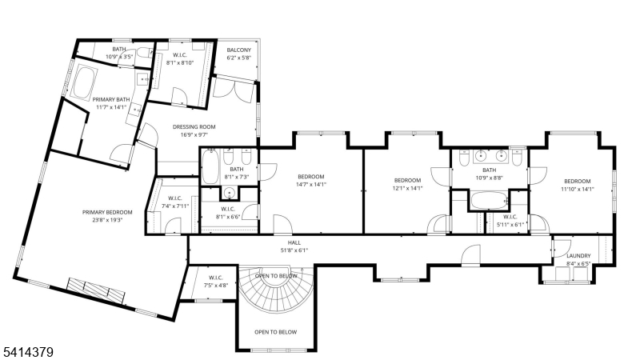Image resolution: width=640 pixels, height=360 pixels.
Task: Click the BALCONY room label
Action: (x=239, y=50)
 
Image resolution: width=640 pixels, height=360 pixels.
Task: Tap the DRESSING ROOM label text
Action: (x=195, y=126)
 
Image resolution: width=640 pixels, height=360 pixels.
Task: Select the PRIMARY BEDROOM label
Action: (x=107, y=212)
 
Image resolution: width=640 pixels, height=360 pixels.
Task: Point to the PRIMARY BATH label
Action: (x=111, y=99)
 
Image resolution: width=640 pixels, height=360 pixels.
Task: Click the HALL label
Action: (x=294, y=242)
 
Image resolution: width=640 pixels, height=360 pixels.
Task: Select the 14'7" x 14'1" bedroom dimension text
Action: (x=311, y=185)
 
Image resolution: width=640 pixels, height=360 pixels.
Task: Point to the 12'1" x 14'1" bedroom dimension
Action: (x=406, y=189)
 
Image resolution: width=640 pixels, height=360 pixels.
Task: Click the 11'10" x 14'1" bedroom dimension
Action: (x=576, y=189)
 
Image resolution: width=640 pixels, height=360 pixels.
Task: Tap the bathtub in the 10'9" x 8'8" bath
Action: (x=486, y=200)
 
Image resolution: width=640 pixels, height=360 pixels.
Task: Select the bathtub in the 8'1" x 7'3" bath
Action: (x=210, y=169)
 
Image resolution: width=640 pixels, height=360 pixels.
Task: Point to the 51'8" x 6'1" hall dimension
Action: (x=294, y=250)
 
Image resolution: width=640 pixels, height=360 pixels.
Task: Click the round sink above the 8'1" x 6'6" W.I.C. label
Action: (x=230, y=193)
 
